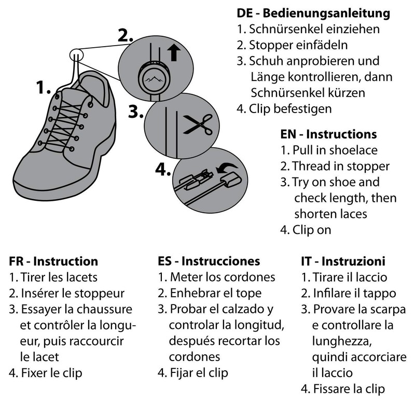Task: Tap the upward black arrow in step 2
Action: pyautogui.click(x=174, y=53)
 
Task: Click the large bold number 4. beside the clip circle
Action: pyautogui.click(x=163, y=170)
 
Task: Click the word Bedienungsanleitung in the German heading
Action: pyautogui.click(x=326, y=14)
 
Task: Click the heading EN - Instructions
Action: pyautogui.click(x=328, y=134)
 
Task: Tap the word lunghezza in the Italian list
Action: pyautogui.click(x=342, y=341)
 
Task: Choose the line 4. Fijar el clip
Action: pyautogui.click(x=192, y=373)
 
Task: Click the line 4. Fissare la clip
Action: pyautogui.click(x=343, y=389)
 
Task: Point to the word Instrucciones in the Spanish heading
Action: pyautogui.click(x=221, y=261)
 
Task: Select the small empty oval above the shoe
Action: pyautogui.click(x=76, y=55)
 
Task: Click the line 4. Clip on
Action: pyautogui.click(x=306, y=230)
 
